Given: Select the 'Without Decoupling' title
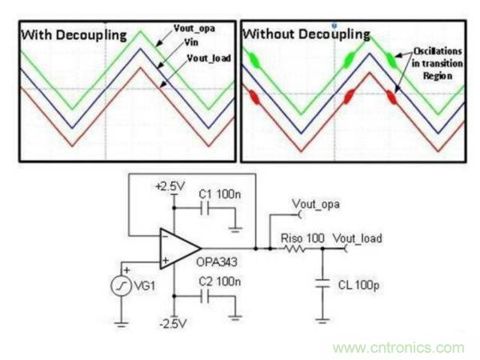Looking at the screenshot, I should [x=306, y=34].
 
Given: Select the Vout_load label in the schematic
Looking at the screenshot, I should [x=357, y=238].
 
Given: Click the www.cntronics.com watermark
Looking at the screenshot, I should [x=398, y=348].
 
